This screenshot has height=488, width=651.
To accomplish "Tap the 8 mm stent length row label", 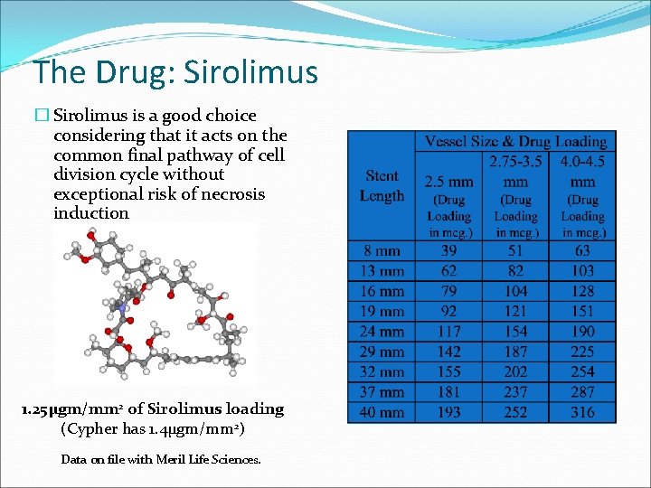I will coord(382,250).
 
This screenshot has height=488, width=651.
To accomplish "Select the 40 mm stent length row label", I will coord(382,412).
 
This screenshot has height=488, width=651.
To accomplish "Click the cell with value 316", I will coord(582,412).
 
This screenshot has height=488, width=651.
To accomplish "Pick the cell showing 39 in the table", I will coord(448,250).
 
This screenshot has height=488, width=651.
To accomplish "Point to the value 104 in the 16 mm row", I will coord(515,291).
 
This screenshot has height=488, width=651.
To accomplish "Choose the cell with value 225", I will coord(582,352).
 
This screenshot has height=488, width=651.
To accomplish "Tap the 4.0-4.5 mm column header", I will coord(582,172).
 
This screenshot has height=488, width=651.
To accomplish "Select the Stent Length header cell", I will coord(382,185).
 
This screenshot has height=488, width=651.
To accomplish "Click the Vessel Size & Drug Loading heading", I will coord(515,142).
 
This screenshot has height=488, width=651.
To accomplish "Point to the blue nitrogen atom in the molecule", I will coord(121,308).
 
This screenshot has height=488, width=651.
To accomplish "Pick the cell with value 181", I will coord(448,392).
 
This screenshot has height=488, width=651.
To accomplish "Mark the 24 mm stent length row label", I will coord(382,332).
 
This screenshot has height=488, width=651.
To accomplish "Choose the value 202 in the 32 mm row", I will coord(515,371).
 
